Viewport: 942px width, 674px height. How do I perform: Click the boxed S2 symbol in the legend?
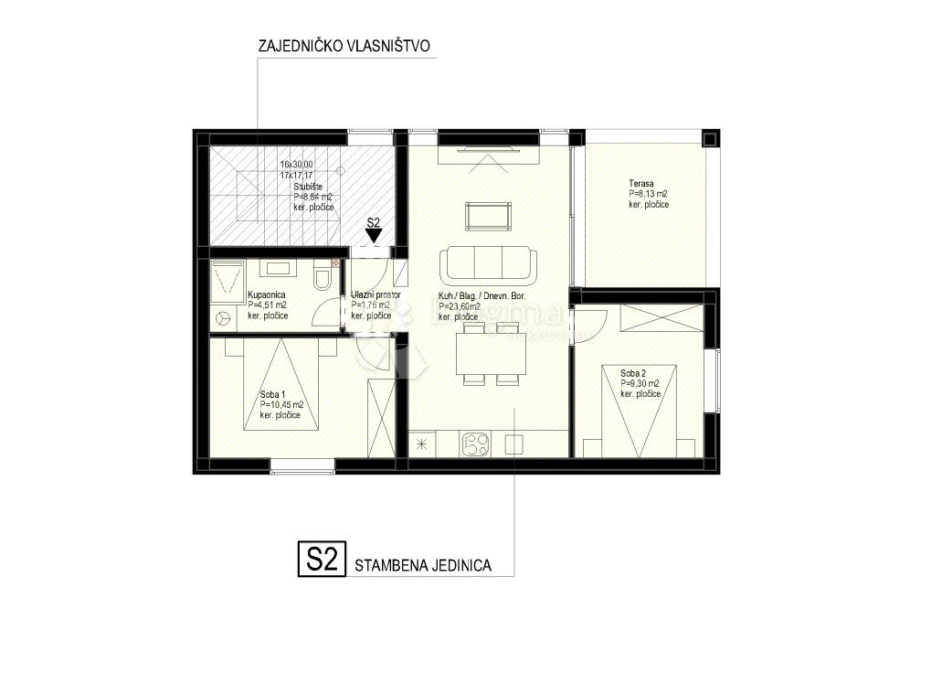(x=321, y=560)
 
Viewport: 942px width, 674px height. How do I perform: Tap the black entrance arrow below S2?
(x=373, y=236)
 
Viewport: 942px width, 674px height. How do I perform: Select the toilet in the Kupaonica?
(x=322, y=277)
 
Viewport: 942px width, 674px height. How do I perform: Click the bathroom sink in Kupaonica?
(x=280, y=269)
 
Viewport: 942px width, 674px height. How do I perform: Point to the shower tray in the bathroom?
(x=228, y=279)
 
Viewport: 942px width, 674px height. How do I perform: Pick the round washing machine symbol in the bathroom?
(x=223, y=318)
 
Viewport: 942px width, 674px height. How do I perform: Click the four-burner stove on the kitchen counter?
(x=475, y=444)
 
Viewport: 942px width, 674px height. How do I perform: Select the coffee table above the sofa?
(x=489, y=218)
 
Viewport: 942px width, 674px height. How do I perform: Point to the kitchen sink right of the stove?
(x=513, y=444)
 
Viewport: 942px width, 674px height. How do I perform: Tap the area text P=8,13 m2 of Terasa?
(x=648, y=194)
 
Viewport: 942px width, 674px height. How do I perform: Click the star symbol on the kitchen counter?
(x=422, y=444)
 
